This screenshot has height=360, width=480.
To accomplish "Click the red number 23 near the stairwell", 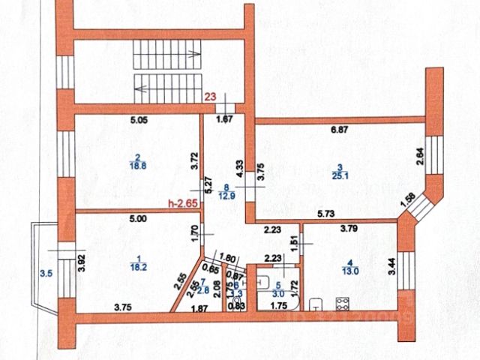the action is click(x=212, y=95).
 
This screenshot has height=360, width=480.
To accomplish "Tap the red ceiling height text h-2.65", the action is click(x=184, y=202).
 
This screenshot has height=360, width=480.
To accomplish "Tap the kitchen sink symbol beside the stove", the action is click(x=317, y=305).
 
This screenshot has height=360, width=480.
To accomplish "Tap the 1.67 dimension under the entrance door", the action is click(x=225, y=118).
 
